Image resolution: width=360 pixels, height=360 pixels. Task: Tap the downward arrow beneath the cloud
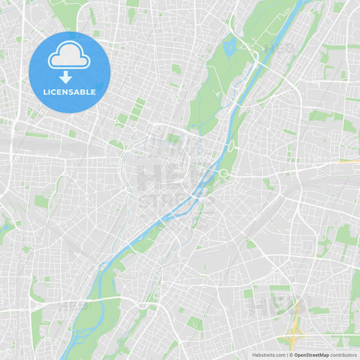(x=66, y=76)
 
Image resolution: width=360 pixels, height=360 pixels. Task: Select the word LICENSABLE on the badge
(x=69, y=92)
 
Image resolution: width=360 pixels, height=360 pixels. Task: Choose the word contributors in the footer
(x=344, y=355)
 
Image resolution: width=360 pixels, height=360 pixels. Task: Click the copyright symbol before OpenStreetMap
(x=292, y=355)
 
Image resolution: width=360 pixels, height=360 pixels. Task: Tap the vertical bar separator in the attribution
(x=288, y=355)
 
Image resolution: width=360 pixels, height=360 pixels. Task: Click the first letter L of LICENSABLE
(x=45, y=92)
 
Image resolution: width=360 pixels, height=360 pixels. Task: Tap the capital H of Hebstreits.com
(x=254, y=355)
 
